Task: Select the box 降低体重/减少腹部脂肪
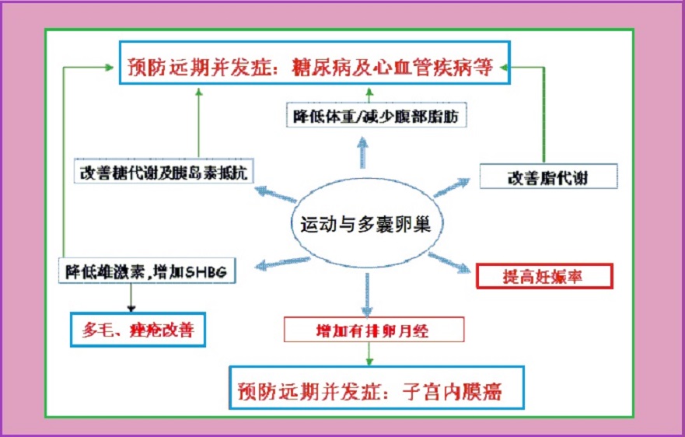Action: point(376,115)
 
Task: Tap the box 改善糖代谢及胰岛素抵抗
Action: point(164,171)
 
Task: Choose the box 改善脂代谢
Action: point(548,176)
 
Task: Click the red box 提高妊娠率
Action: point(544,276)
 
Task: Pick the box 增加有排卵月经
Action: point(374,330)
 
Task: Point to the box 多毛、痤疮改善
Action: point(138,330)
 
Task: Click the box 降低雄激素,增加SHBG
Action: point(147,271)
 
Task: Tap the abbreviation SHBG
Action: point(206,272)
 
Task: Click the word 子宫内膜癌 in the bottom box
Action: point(453,390)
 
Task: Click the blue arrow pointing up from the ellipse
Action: point(362,152)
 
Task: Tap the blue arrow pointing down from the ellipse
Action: point(367,295)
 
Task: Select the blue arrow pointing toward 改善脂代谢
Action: point(452,187)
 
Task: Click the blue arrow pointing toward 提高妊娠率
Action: point(449,263)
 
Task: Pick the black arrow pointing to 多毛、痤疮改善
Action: point(131,298)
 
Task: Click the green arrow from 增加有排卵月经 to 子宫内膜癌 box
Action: point(369,354)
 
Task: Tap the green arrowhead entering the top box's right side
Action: point(503,68)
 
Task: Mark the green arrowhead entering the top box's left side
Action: point(109,67)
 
